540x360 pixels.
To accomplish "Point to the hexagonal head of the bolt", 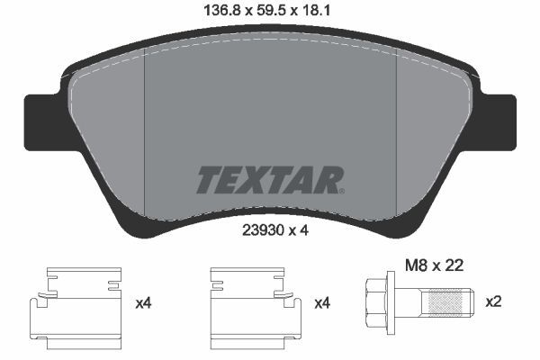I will [x=374, y=302].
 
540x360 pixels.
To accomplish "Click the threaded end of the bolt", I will [x=450, y=302].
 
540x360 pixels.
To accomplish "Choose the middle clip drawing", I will [x=254, y=302].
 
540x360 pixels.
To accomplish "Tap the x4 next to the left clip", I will [x=142, y=304].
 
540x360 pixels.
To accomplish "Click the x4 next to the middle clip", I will [x=321, y=304].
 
